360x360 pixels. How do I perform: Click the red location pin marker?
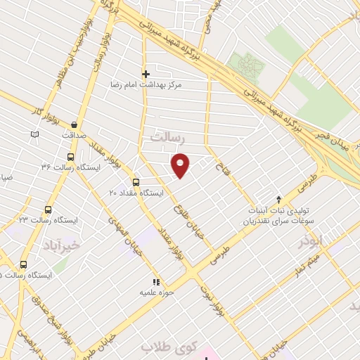point(181,165)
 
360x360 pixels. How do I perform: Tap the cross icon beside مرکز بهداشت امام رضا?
point(146,74)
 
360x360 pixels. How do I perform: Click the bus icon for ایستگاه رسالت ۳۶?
point(70,157)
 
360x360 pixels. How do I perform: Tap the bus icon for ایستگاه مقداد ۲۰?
point(136,181)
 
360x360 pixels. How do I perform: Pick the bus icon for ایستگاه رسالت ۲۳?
point(48,210)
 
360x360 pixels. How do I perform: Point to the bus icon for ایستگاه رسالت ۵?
point(24,264)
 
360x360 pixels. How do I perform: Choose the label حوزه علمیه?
point(156,292)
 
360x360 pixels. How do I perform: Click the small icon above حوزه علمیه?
point(156,282)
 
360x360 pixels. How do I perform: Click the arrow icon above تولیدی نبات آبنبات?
point(279,199)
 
